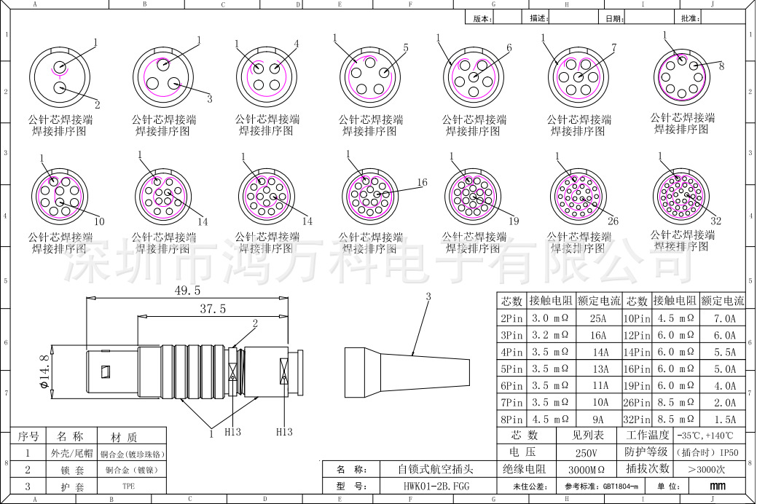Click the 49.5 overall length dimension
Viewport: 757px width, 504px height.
click(x=187, y=290)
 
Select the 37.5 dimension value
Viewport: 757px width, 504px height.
click(x=213, y=310)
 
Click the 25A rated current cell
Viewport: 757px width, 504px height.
click(x=598, y=318)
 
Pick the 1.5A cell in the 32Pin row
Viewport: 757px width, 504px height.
click(x=721, y=420)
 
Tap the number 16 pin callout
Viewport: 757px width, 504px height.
click(x=422, y=182)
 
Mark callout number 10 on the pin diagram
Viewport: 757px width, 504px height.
click(x=99, y=221)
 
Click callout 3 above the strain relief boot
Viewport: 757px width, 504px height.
click(x=428, y=296)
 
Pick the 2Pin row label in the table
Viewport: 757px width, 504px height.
click(x=511, y=318)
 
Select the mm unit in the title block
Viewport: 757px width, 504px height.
click(x=717, y=486)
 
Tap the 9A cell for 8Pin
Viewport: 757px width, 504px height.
click(x=598, y=420)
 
